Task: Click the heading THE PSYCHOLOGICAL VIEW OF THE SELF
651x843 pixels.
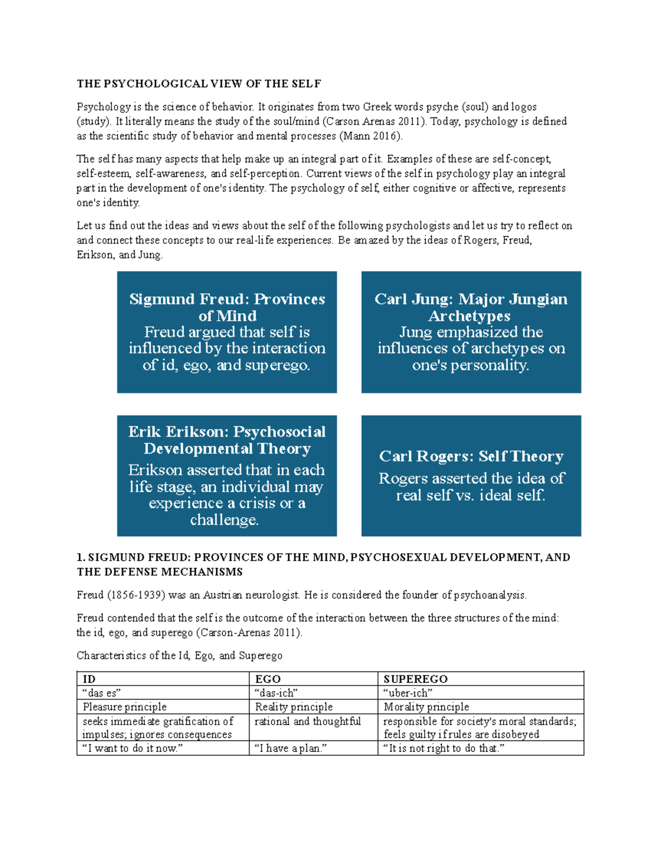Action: tap(199, 84)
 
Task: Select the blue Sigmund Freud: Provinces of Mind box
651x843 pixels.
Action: tap(227, 332)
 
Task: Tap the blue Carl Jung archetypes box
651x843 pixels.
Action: tap(471, 332)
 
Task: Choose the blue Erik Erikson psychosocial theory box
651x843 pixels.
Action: tap(227, 476)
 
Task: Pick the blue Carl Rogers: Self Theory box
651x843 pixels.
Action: tap(471, 476)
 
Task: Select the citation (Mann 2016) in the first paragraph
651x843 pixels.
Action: tap(371, 136)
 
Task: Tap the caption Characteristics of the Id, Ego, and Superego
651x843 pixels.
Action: tap(180, 655)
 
